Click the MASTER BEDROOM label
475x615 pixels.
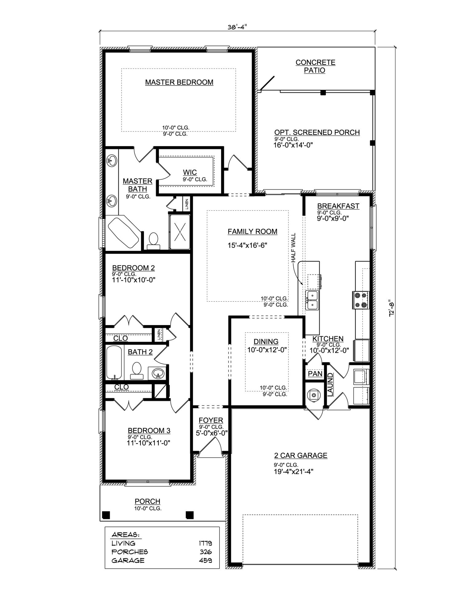(179, 82)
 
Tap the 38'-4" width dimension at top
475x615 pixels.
(237, 27)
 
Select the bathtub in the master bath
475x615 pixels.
(123, 232)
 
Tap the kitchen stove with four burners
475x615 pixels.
(361, 300)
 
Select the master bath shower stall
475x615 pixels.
(180, 232)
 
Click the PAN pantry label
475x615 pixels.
(315, 374)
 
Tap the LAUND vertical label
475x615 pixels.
(330, 385)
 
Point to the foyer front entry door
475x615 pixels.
(210, 445)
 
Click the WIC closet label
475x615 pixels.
(190, 172)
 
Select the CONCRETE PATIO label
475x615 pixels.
(315, 66)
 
